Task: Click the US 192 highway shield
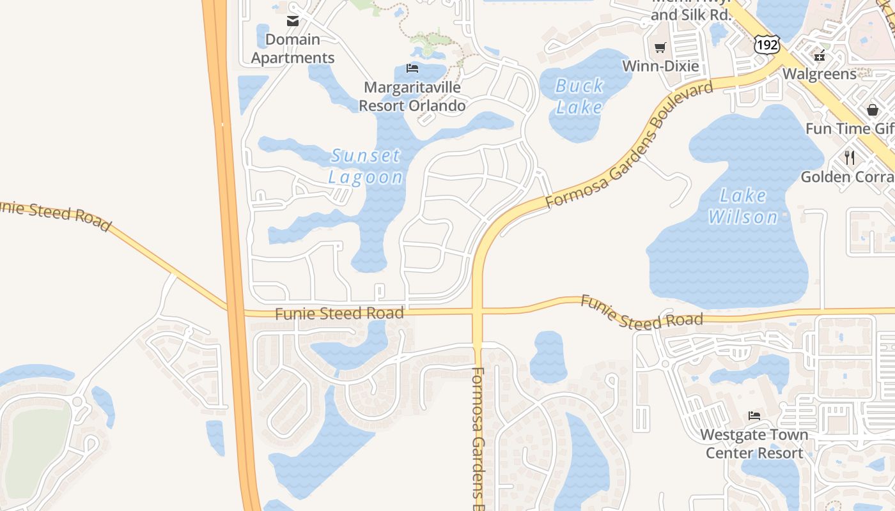click(766, 44)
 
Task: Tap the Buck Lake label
click(579, 96)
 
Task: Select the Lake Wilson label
click(743, 206)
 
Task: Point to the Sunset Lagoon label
click(366, 166)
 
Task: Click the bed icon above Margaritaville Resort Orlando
click(412, 68)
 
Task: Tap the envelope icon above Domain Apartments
click(293, 21)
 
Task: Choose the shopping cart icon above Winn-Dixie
click(660, 48)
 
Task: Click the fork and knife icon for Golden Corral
click(850, 157)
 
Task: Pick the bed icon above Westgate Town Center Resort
click(754, 416)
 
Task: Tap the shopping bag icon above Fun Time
click(873, 110)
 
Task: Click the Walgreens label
click(820, 74)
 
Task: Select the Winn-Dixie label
click(660, 66)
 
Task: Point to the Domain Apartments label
click(293, 49)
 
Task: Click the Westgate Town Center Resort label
click(754, 444)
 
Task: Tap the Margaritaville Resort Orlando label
click(412, 96)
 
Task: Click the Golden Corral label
click(848, 176)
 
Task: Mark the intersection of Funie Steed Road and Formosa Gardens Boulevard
click(478, 312)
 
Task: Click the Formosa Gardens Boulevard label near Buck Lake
click(629, 146)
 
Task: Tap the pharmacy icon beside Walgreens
click(820, 55)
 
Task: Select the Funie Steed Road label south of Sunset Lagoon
click(339, 314)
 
